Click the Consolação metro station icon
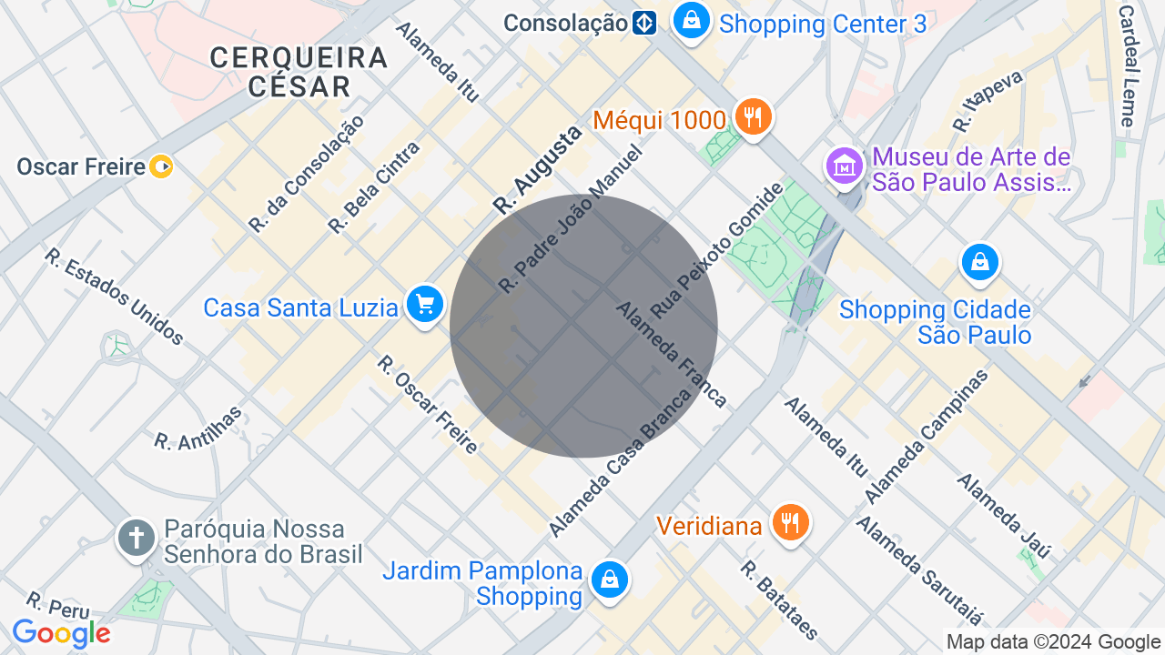pos(644,23)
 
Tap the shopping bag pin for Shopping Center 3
pos(692,20)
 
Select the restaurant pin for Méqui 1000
pos(752,117)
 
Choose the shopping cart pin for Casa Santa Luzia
pos(424,305)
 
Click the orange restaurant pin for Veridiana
pos(790,523)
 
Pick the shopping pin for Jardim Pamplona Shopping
pos(609,579)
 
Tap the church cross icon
pos(137,537)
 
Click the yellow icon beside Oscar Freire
pos(161,166)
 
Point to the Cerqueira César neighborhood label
pos(299,72)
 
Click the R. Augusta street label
pos(537,170)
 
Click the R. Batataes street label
pos(779,600)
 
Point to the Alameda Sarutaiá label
pos(919,571)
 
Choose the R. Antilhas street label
pos(198,428)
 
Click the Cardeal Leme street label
pos(1127,65)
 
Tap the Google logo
pos(61,634)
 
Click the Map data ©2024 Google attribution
pos(1052,642)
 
